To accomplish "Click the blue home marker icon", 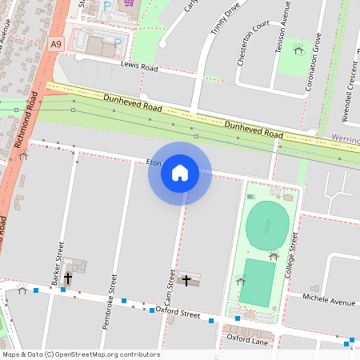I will coord(180,173).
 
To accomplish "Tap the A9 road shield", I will coord(55,46).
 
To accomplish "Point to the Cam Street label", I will coord(171,289).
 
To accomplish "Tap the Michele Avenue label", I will coord(330,302).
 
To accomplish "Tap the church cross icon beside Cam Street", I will coord(188,280).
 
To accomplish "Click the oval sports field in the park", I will coord(266,226).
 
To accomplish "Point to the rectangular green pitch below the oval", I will coord(257,282).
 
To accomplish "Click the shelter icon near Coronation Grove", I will coord(298,50).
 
